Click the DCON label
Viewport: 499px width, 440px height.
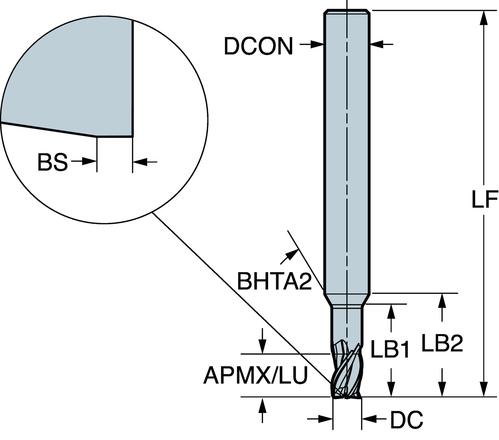(258, 46)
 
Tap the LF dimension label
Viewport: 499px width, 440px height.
(484, 199)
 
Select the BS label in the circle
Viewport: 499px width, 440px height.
(53, 162)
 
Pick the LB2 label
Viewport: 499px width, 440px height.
(442, 342)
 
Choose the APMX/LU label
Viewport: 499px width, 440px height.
(255, 375)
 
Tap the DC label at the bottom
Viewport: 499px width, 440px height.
(407, 420)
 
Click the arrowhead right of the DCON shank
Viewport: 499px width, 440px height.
(377, 44)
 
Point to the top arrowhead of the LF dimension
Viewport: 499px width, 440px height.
(484, 18)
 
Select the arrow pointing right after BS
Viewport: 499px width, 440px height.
(84, 162)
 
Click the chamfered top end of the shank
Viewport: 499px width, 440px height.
(347, 12)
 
